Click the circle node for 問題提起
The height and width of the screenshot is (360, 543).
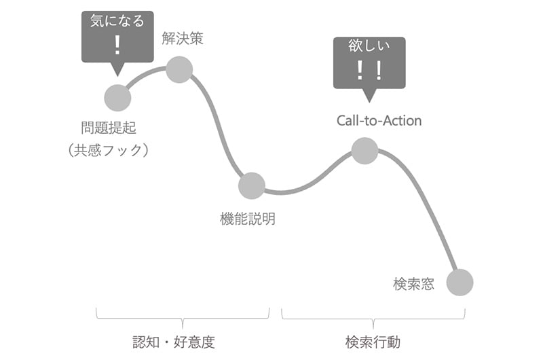click(x=117, y=98)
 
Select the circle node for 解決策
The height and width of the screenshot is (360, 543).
click(x=179, y=69)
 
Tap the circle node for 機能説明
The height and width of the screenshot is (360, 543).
click(x=251, y=185)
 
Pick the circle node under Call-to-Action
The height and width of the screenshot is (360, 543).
click(x=364, y=151)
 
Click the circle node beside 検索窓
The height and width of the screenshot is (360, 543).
click(x=460, y=282)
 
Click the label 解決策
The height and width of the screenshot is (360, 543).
click(x=183, y=39)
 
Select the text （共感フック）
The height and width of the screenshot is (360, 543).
click(x=108, y=150)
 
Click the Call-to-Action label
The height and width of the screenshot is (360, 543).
click(x=379, y=121)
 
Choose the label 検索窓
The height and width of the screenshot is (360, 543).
click(x=413, y=283)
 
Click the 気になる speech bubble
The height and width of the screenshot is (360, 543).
click(x=117, y=37)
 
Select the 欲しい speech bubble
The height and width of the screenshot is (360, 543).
click(x=369, y=62)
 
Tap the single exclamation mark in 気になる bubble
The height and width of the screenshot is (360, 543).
click(x=117, y=46)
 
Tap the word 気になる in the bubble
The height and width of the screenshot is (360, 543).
click(x=117, y=21)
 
